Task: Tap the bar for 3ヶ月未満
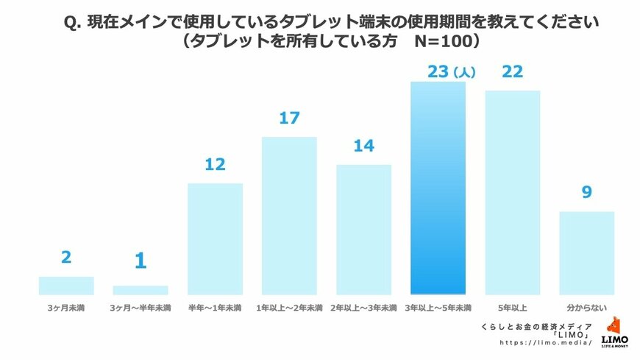(66, 286)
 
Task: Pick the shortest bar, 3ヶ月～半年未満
(141, 290)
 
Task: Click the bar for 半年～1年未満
(215, 239)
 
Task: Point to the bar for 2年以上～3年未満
(363, 229)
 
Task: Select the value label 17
(289, 118)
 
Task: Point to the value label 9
(586, 192)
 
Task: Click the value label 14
(363, 146)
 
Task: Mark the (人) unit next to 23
(464, 73)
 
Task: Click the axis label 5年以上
(512, 307)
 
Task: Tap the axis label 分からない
(586, 307)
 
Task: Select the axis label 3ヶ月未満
(66, 307)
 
